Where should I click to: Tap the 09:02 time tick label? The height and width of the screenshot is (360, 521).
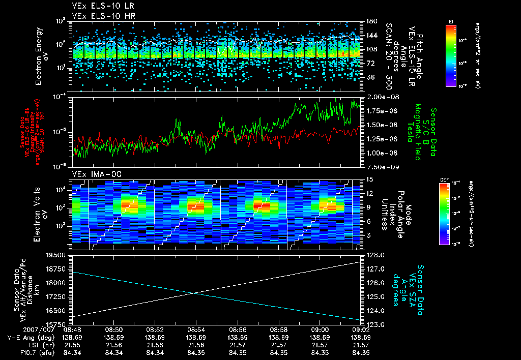point(361,329)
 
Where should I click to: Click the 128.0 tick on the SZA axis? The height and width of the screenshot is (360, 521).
point(375,255)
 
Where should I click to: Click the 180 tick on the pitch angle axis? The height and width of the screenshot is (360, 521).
point(370,21)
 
